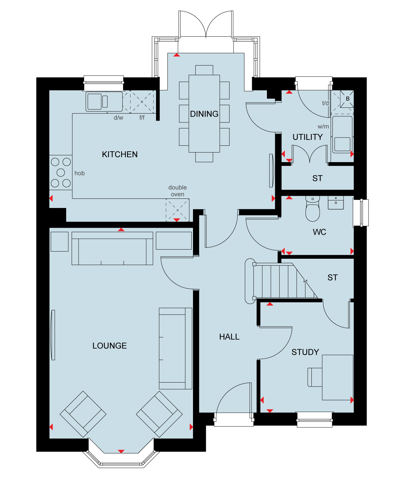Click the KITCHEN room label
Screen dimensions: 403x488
(119, 155)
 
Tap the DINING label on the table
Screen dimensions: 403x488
(204, 114)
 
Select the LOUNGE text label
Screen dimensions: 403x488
(110, 346)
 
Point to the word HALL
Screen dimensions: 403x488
(229, 337)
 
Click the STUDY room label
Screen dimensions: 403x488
(305, 352)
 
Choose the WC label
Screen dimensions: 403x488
(319, 232)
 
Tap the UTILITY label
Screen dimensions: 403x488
(307, 137)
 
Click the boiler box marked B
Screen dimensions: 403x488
(347, 99)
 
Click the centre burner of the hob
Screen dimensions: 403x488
(61, 173)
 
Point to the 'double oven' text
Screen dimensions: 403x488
(177, 191)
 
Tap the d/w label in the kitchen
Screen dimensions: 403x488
(118, 118)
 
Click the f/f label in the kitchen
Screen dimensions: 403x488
(142, 118)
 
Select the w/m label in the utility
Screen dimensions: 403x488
(323, 126)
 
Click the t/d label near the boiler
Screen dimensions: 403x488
(325, 103)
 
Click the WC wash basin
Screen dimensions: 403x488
(336, 202)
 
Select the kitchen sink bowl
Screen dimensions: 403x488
(95, 102)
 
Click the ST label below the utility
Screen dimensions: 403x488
(318, 178)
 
